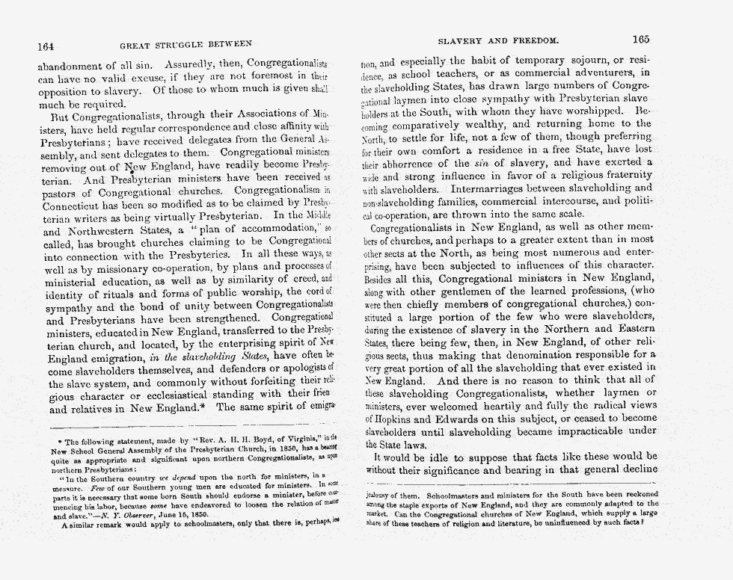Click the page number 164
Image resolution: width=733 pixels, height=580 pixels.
click(x=50, y=45)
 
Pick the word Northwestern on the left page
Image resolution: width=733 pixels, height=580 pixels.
click(x=106, y=232)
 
